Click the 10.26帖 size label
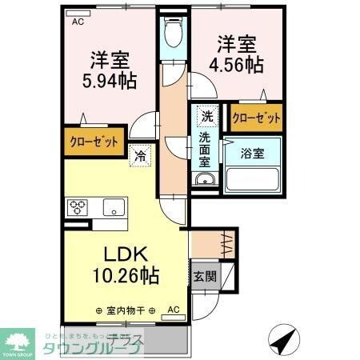tap(125, 276)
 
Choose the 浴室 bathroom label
tap(250, 154)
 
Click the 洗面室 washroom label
tap(206, 149)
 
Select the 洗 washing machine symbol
tap(206, 116)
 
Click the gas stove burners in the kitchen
tap(79, 206)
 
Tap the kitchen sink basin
tap(114, 207)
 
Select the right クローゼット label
tap(256, 118)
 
